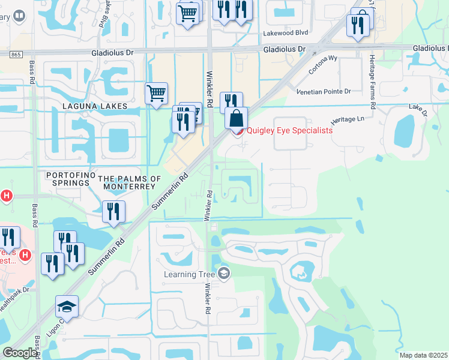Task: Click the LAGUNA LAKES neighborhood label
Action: [95, 106]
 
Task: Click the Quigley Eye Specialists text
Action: [289, 130]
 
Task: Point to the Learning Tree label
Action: [188, 275]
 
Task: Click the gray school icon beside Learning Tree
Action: [224, 274]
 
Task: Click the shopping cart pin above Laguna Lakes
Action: [156, 94]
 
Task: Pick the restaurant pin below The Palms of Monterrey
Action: [113, 212]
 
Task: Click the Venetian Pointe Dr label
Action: [323, 91]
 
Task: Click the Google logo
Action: [20, 353]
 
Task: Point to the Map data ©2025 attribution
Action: [423, 355]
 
